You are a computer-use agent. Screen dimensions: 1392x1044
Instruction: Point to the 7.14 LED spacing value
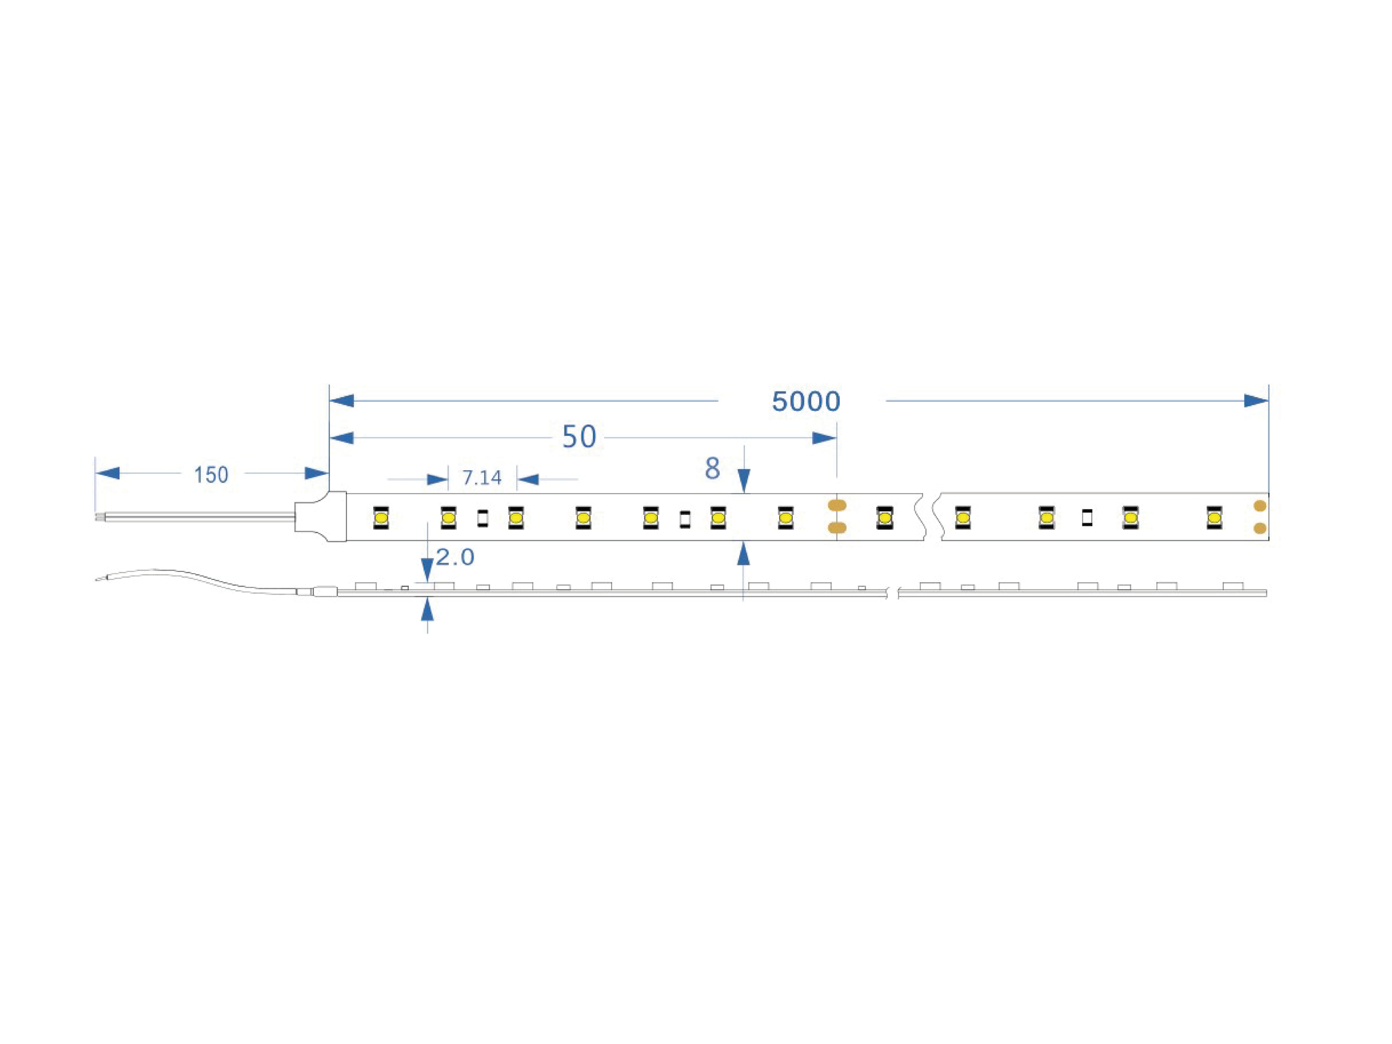pos(482,478)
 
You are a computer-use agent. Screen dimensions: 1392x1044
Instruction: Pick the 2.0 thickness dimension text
pos(455,557)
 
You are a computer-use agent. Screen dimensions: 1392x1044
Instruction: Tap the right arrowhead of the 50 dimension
pos(824,438)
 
